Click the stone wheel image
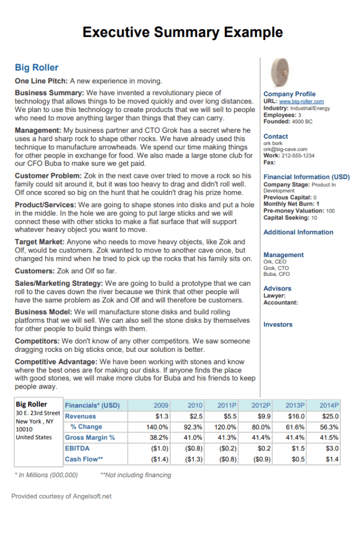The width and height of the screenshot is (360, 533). click(x=281, y=73)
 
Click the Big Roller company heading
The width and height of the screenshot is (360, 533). click(x=36, y=68)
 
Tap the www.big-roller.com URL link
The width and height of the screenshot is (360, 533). click(x=301, y=101)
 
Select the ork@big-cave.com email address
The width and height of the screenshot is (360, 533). click(x=285, y=149)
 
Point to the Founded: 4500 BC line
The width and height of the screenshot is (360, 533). click(x=288, y=121)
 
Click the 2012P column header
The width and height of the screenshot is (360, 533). click(x=261, y=405)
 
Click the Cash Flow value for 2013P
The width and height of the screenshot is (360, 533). click(x=297, y=459)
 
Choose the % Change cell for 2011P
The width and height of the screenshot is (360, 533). click(x=227, y=427)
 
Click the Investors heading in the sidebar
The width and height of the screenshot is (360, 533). click(x=278, y=324)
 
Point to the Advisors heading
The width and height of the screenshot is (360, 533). click(x=277, y=288)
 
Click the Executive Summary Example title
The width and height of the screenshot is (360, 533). click(x=183, y=32)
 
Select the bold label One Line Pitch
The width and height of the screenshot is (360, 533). click(x=41, y=81)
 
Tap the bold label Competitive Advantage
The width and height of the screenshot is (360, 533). click(x=56, y=361)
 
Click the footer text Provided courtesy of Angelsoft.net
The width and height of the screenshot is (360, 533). click(x=61, y=496)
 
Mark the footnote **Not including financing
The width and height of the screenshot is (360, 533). click(x=135, y=475)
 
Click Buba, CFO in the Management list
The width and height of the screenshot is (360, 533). click(x=277, y=274)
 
